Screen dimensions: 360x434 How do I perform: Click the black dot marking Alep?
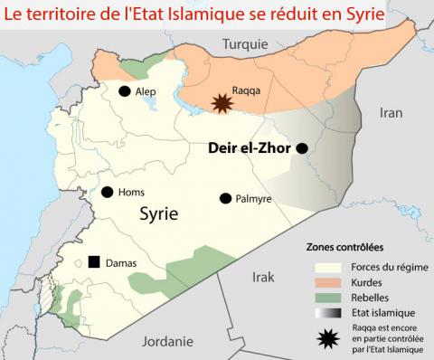coord(124,91)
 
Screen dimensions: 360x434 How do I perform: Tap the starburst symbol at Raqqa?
coord(220,102)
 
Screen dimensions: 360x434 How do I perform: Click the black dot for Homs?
coord(108,192)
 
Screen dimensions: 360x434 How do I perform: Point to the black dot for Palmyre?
coord(224,198)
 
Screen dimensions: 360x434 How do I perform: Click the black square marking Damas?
coord(93,262)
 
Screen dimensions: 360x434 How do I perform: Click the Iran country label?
coord(391,113)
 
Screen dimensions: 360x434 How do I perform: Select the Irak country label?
coord(263,277)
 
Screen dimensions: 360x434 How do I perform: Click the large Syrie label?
coord(159,214)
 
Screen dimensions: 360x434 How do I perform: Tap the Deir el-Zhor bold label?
coord(249,147)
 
